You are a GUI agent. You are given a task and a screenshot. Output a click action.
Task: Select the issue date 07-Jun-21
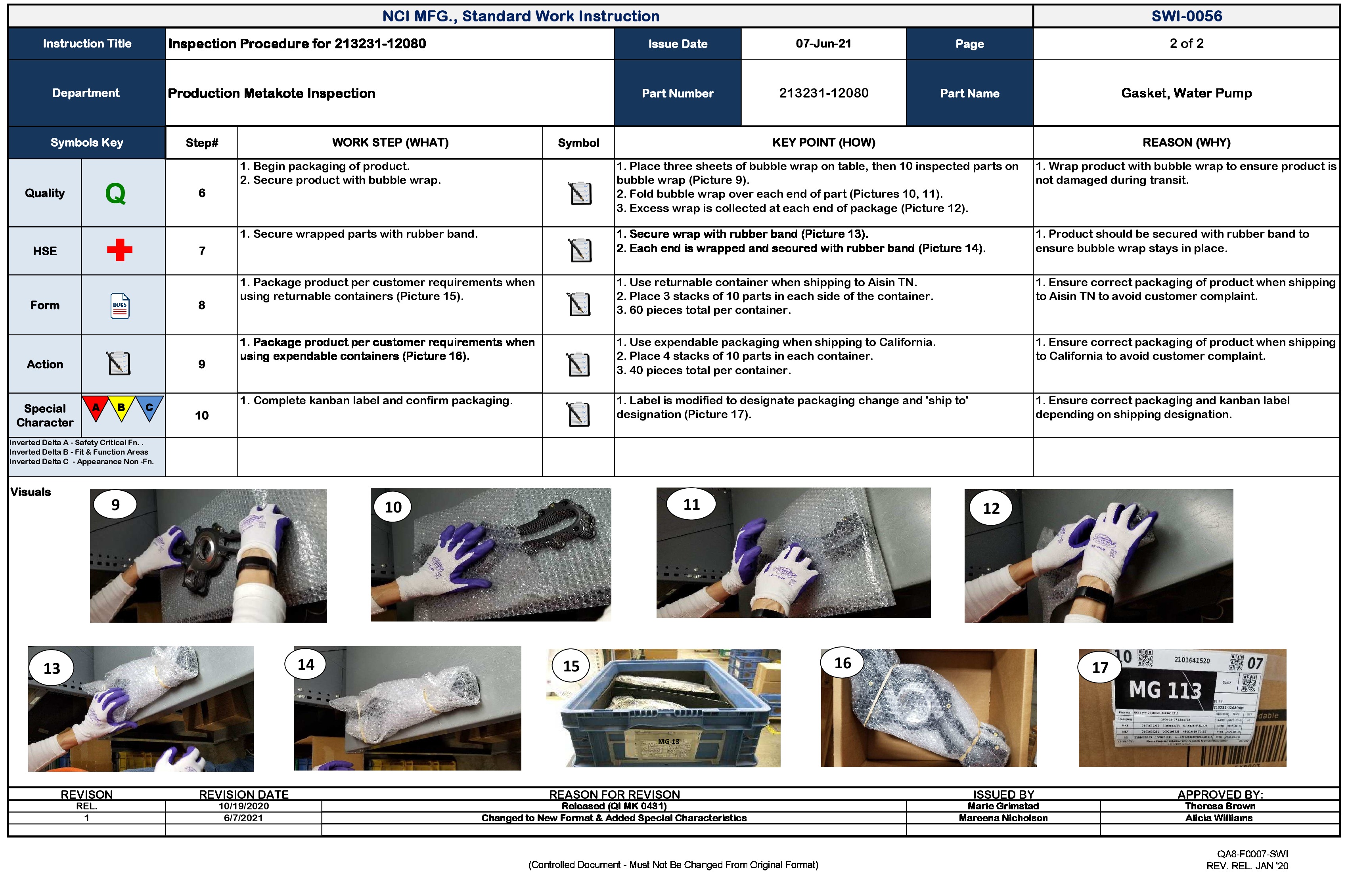tap(823, 44)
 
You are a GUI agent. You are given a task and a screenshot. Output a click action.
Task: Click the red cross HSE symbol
tap(119, 250)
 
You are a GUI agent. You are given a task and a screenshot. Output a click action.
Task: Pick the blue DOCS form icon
tap(119, 306)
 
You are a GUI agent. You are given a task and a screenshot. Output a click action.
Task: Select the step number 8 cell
tap(202, 305)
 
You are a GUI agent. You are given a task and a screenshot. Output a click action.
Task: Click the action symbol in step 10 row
tap(578, 415)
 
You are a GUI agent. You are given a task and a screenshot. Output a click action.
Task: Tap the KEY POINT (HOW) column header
tap(823, 143)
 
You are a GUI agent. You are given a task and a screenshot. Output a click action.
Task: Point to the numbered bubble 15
tap(571, 666)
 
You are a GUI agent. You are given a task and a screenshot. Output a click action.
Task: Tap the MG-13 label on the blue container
tap(668, 741)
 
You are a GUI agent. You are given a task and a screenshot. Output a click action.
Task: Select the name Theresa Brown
tap(1220, 806)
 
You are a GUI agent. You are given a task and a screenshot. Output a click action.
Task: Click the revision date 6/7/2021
tap(243, 818)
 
